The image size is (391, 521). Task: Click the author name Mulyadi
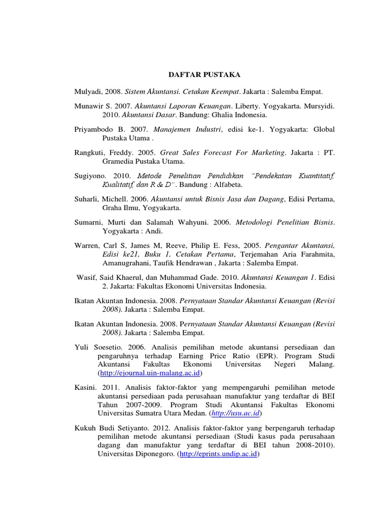pos(87,92)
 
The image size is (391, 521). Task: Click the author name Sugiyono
pos(90,175)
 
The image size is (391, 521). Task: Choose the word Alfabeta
pos(227,184)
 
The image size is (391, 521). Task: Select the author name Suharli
pos(87,199)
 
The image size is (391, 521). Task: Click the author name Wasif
pos(86,278)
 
